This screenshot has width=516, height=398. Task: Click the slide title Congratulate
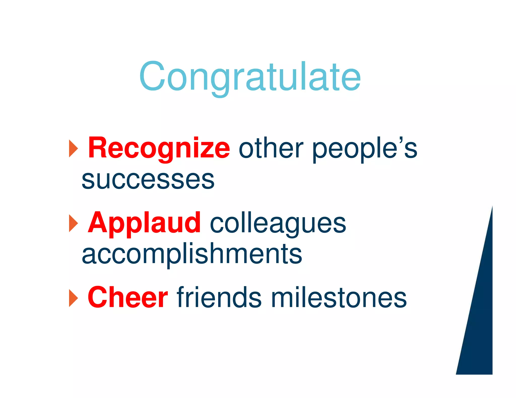coord(250,77)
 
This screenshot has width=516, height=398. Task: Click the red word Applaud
coord(144,223)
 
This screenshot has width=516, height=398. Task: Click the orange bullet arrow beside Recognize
coord(73,149)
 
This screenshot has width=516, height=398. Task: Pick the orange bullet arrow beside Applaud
coord(73,223)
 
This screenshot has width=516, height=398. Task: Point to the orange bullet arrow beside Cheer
coord(73,298)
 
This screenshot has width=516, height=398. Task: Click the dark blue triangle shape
coord(480,327)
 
